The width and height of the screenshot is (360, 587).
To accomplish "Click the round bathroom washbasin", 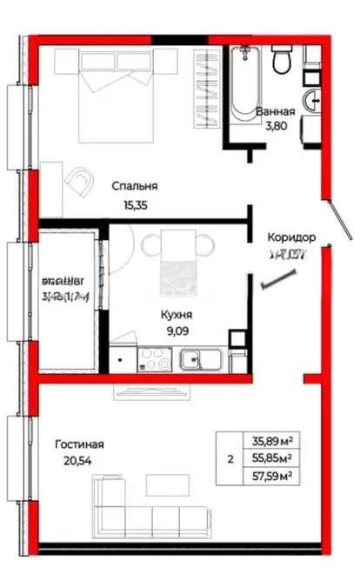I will click(x=310, y=100).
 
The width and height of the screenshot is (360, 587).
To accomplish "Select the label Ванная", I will click(x=276, y=112).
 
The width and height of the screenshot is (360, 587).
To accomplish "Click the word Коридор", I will click(x=291, y=237).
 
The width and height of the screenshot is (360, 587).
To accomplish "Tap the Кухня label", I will click(x=176, y=316).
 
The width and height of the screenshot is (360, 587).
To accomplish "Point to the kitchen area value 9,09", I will click(x=176, y=330).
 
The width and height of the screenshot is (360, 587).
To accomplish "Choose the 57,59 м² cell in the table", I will click(x=270, y=476).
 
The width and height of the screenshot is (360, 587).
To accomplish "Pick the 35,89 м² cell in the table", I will click(x=270, y=441).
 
